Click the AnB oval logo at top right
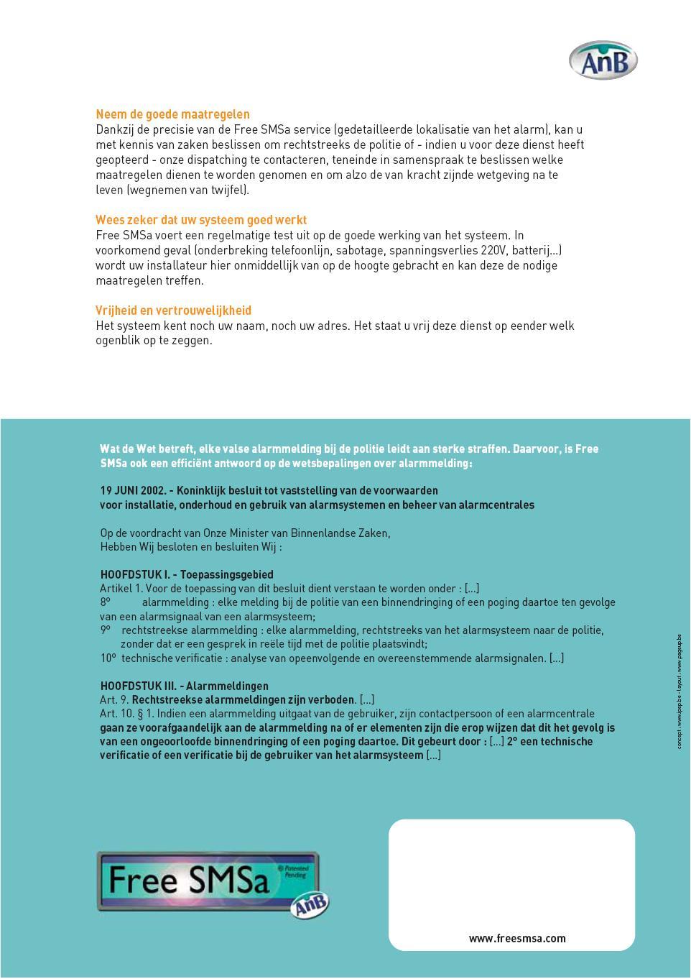coord(603,60)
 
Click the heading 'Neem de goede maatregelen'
coord(172,114)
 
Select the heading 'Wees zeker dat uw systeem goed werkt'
coord(201,220)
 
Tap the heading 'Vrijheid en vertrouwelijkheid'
coord(173,311)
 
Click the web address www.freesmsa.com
coord(517,938)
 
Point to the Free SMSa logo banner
coord(208,881)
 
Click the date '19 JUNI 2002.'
coord(133,490)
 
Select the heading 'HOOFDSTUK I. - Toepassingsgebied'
coord(187,574)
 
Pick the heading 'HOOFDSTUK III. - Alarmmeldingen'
coord(184,686)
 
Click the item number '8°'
coord(106,602)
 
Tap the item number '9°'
coord(106,630)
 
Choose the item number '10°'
coord(108,658)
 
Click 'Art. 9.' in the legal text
coord(114,699)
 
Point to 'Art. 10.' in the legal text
coord(117,714)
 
